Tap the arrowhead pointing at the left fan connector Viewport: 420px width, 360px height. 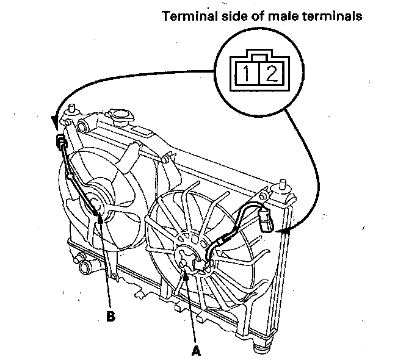[57, 124]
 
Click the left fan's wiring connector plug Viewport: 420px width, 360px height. [61, 144]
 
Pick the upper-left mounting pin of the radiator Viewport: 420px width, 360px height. [71, 110]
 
